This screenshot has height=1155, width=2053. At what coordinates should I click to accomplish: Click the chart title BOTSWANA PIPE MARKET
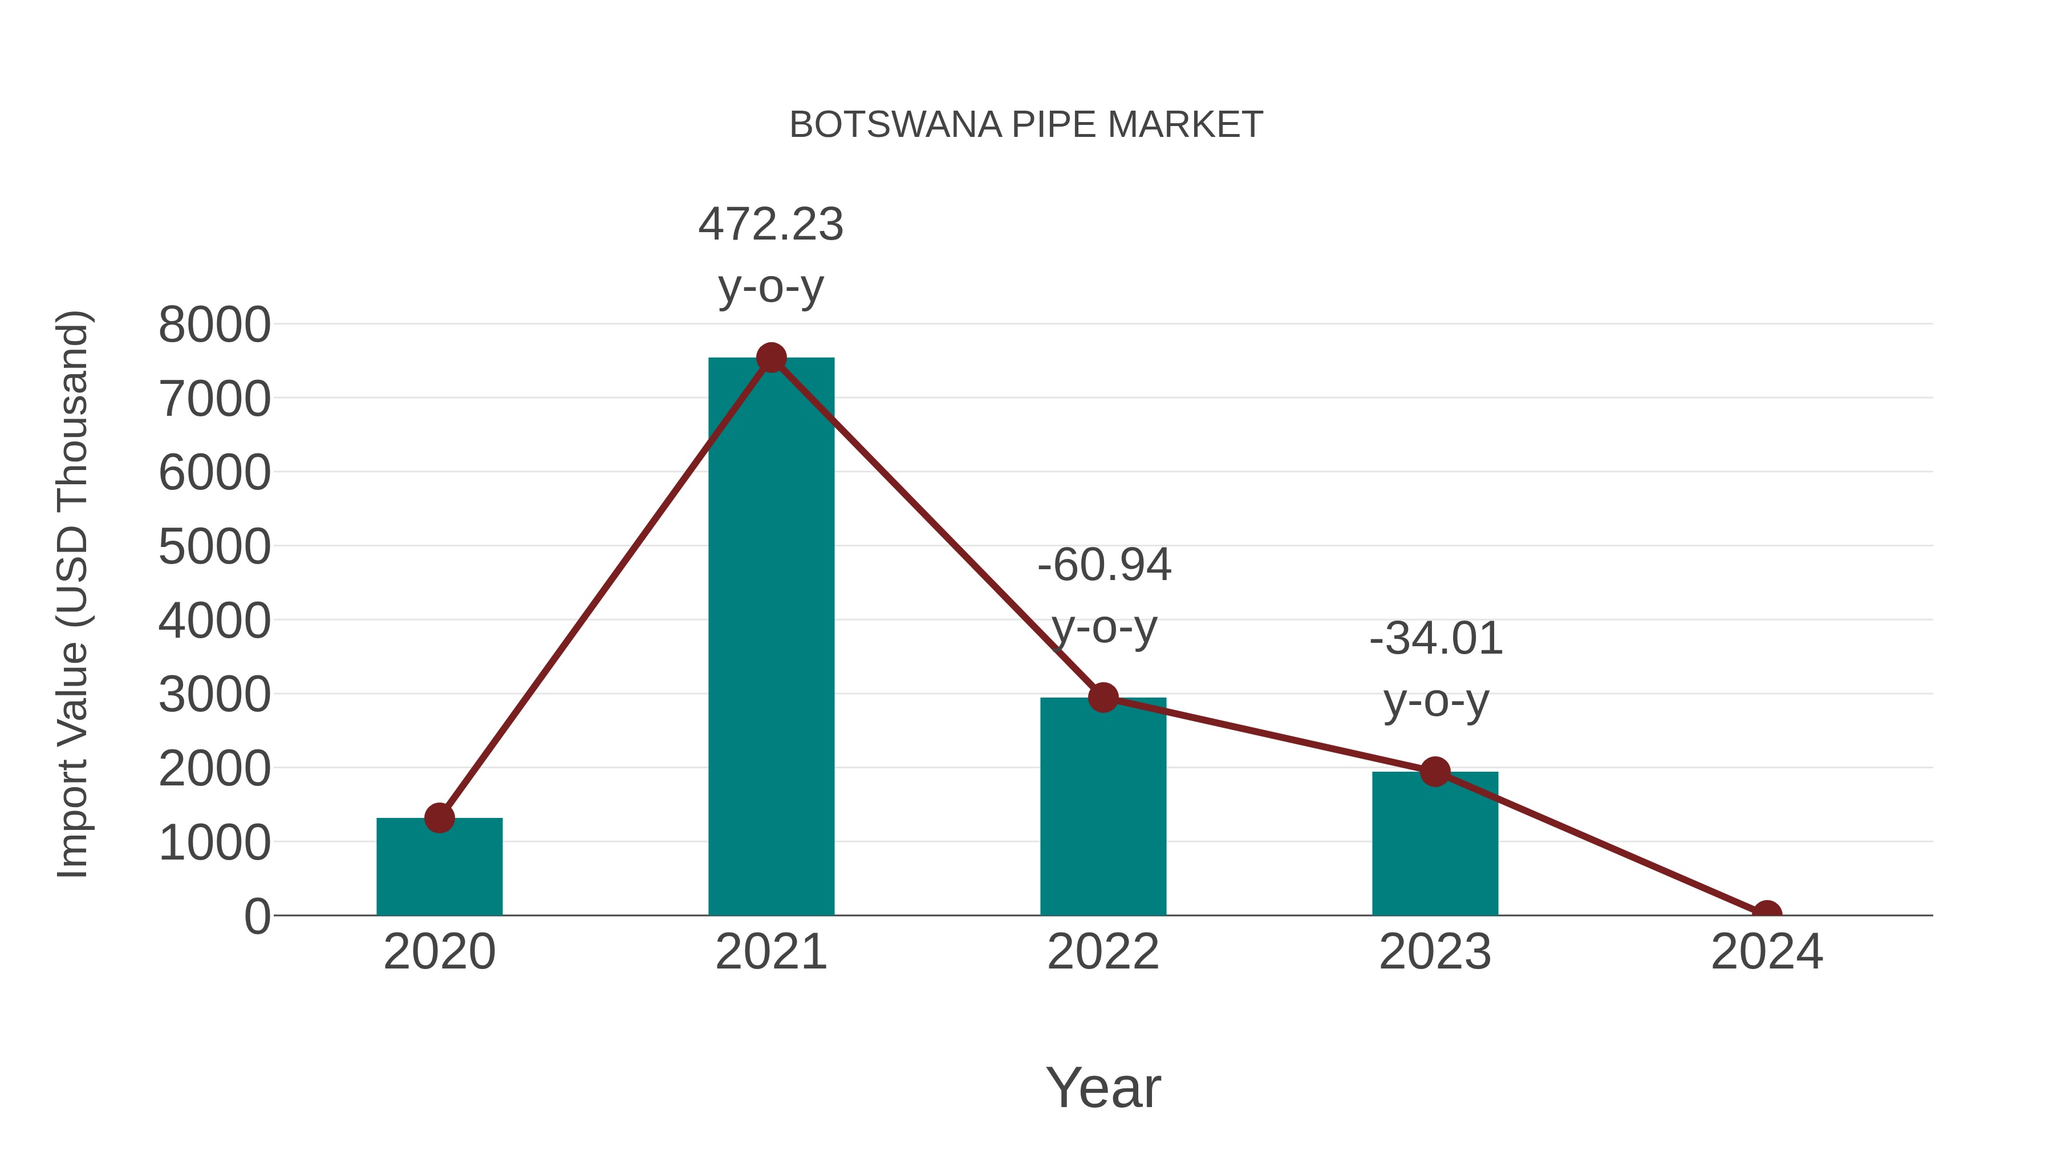1026,125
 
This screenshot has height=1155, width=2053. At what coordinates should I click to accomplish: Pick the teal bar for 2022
1103,813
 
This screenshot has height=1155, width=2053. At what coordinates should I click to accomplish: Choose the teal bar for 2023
1435,849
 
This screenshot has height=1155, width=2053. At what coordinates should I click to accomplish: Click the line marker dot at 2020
439,818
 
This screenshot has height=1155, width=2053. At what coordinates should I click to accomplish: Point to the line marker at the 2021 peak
770,358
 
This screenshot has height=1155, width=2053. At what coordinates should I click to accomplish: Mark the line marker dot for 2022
1103,698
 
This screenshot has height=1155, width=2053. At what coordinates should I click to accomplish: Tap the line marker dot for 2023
1435,772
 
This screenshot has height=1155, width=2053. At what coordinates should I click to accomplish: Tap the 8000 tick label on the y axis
214,325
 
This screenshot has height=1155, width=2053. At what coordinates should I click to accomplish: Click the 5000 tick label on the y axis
214,547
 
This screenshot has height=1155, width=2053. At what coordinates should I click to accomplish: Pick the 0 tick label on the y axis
257,916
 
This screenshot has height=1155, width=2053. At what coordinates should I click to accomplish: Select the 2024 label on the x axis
1767,952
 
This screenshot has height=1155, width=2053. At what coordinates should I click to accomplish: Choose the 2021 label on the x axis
770,952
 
